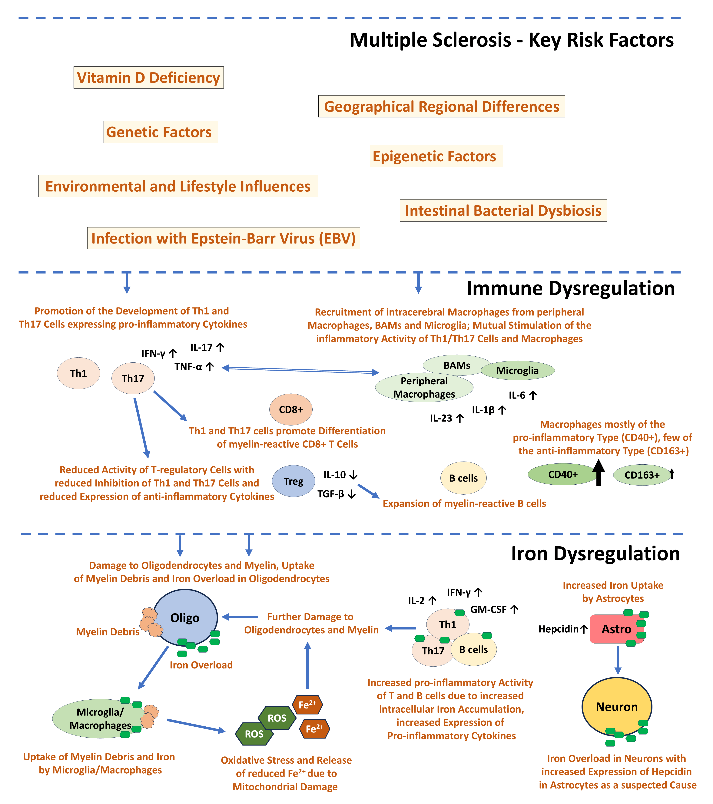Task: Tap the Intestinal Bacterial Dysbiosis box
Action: (x=503, y=210)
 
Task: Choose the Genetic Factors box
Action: (x=160, y=132)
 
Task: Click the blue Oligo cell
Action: (x=185, y=617)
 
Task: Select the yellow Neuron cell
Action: (x=617, y=707)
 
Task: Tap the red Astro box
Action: (x=616, y=629)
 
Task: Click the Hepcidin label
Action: (x=559, y=629)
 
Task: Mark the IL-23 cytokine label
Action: (x=441, y=418)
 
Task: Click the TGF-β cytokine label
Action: (x=331, y=494)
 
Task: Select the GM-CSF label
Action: (x=489, y=609)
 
